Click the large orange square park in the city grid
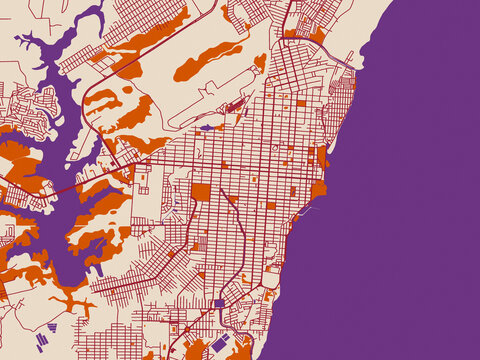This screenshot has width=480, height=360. coord(201,192)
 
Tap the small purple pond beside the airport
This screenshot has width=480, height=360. coord(206,128)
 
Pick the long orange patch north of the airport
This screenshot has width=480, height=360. coord(209,61)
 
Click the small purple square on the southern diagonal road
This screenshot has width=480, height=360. coord(220,302)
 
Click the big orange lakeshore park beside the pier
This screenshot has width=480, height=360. coord(319,188)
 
